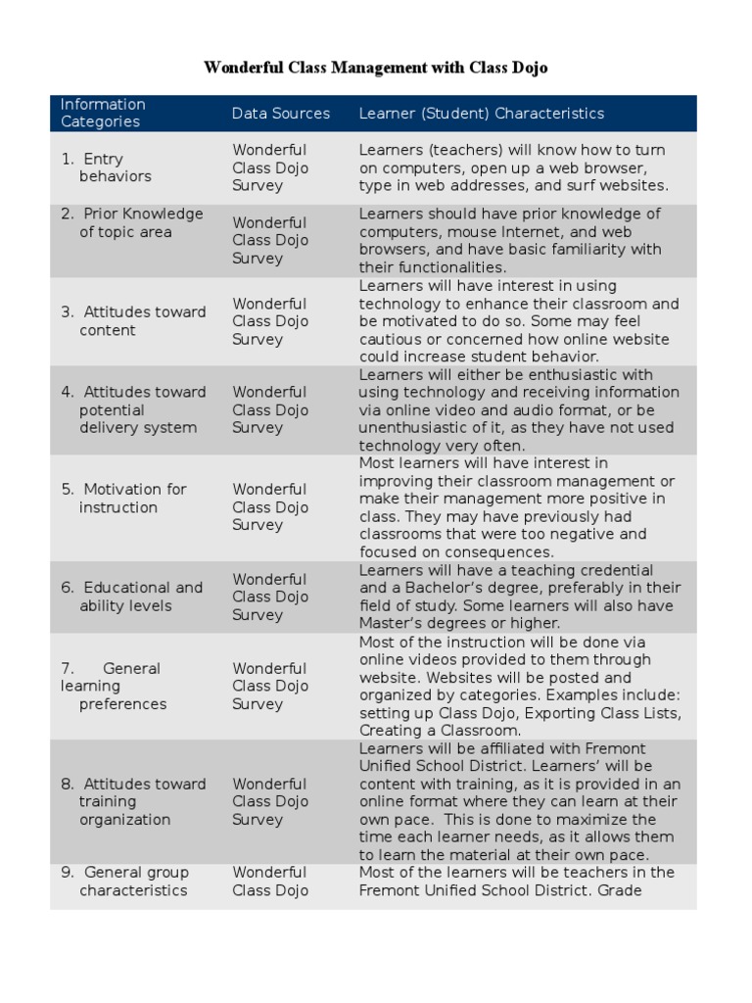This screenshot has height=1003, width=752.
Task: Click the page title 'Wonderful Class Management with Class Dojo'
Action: pyautogui.click(x=375, y=68)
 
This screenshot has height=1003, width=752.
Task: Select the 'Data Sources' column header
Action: pyautogui.click(x=281, y=114)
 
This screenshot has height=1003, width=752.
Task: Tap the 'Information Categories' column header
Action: pyautogui.click(x=103, y=113)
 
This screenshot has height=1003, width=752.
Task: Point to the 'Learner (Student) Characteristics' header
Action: pyautogui.click(x=482, y=114)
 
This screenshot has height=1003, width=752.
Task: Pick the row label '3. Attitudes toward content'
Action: pyautogui.click(x=133, y=321)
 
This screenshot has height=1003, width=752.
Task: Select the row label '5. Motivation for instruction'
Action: pyautogui.click(x=123, y=499)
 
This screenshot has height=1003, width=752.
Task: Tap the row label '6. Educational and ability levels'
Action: pyautogui.click(x=131, y=597)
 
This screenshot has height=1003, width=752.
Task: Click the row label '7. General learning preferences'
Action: pyautogui.click(x=114, y=686)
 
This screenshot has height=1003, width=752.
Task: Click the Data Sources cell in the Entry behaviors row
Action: pyautogui.click(x=270, y=167)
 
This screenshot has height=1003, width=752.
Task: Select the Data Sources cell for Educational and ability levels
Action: pyautogui.click(x=270, y=597)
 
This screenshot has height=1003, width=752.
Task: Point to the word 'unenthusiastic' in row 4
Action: pyautogui.click(x=409, y=428)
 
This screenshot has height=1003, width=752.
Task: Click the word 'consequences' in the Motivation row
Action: pyautogui.click(x=497, y=552)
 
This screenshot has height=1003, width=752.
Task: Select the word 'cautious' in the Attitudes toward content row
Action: pyautogui.click(x=389, y=339)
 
